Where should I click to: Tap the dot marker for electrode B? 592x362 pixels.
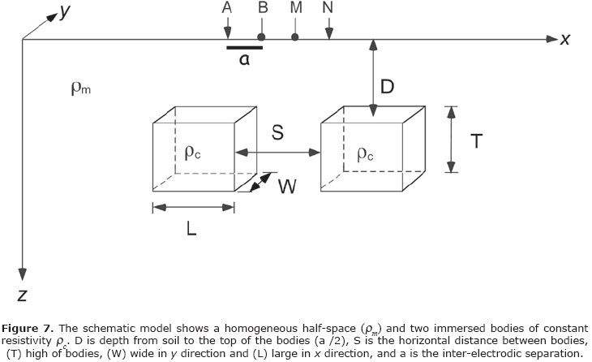tap(261, 37)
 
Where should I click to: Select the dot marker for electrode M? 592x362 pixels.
tap(295, 37)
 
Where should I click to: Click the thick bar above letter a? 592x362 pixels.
tap(243, 47)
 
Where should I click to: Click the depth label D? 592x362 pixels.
tap(388, 86)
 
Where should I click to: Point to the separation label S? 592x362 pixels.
tap(277, 135)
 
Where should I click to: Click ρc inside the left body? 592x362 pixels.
tap(193, 152)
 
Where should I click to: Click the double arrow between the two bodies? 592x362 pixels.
tap(277, 152)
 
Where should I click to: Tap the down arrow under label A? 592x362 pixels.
tap(226, 29)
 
